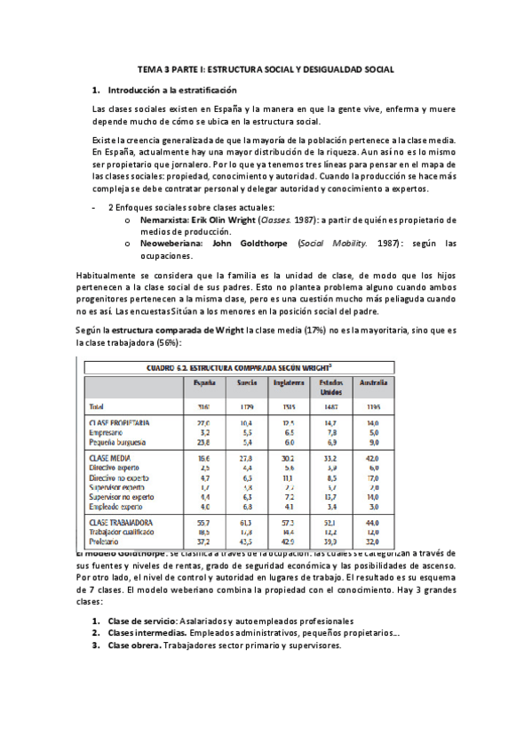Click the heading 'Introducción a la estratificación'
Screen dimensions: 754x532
click(x=172, y=91)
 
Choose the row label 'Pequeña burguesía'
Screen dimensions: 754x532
click(x=123, y=441)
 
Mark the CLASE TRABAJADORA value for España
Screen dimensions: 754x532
click(x=202, y=522)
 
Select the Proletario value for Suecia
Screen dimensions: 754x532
click(x=247, y=541)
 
